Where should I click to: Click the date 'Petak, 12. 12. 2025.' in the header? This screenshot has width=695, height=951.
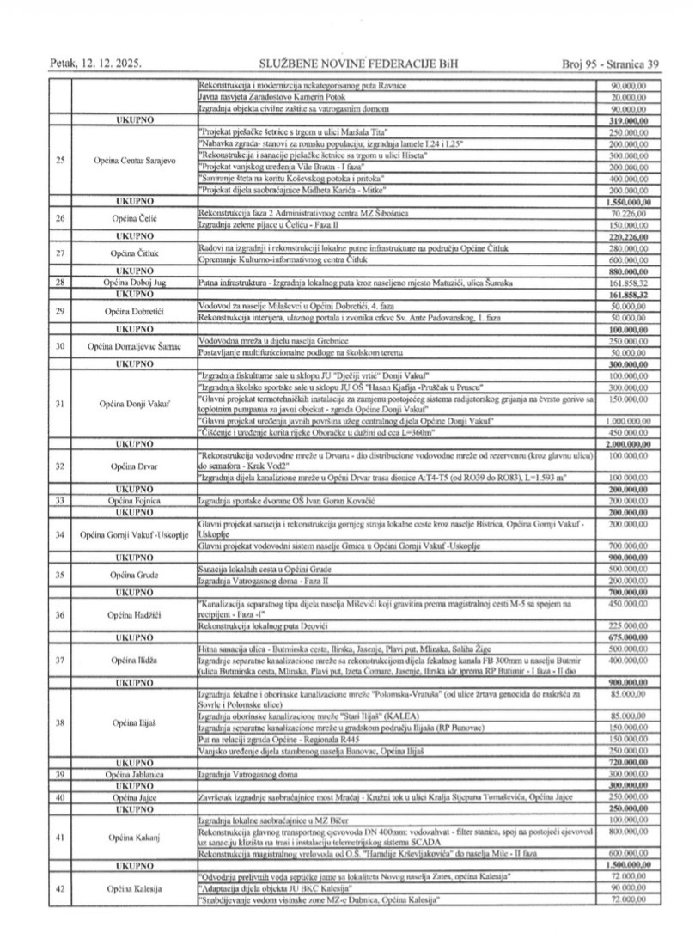point(95,64)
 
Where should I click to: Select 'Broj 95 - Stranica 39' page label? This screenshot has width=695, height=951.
point(610,64)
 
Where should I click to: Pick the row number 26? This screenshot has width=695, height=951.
point(60,218)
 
